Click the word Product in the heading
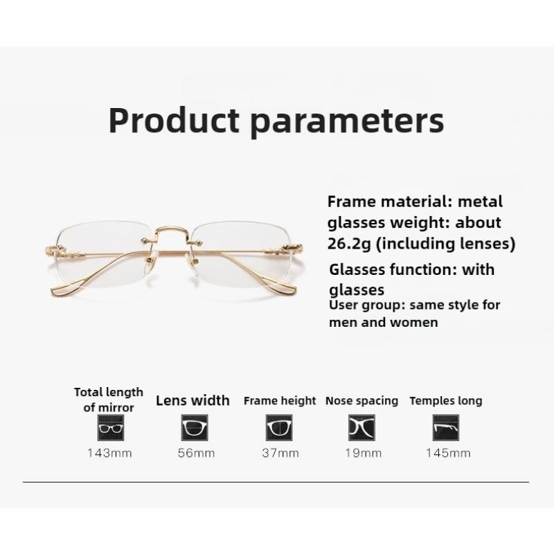[x=173, y=120]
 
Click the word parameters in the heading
[x=346, y=120]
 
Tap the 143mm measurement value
[x=109, y=453]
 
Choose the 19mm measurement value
[x=361, y=453]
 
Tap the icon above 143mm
[x=109, y=427]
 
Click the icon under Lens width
[x=194, y=427]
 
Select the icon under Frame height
[x=278, y=427]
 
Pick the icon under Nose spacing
[x=361, y=427]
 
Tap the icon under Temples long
[x=446, y=427]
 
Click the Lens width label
[x=193, y=400]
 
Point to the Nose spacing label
[x=361, y=400]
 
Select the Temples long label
[x=446, y=400]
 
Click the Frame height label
[x=280, y=400]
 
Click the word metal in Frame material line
[x=480, y=202]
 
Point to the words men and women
[x=384, y=323]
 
